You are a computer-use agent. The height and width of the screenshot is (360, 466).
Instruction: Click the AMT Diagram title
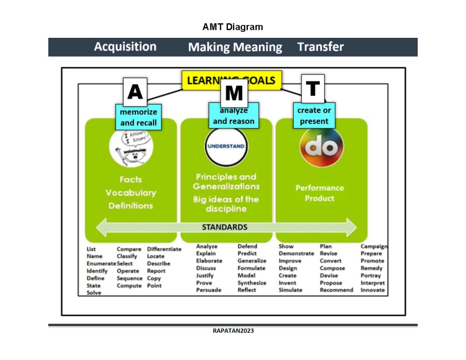(233, 27)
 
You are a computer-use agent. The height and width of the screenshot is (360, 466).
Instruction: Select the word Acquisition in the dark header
(125, 47)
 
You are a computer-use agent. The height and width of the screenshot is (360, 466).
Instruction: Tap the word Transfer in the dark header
(320, 47)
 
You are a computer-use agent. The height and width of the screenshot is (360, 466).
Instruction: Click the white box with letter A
(135, 92)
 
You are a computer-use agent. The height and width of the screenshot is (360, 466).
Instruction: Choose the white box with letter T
(313, 89)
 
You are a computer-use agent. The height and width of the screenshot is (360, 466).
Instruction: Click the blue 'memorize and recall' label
(138, 117)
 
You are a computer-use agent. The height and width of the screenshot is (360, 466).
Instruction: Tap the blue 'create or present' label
(314, 116)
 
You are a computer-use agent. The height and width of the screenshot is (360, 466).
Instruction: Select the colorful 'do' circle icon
(321, 146)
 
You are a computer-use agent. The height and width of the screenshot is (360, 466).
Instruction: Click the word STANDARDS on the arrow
(224, 227)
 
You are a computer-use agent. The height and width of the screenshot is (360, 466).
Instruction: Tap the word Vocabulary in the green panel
(131, 193)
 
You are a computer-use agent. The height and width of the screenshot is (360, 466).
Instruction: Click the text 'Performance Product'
(319, 193)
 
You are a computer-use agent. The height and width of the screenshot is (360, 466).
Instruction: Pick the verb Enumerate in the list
(101, 264)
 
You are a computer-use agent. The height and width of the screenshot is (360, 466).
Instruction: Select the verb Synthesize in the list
(252, 283)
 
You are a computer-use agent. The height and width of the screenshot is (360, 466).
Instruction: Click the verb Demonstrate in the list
(296, 254)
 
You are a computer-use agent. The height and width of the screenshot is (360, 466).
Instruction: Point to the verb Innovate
(372, 290)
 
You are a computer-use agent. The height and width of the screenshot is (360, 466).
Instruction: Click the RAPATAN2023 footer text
(233, 331)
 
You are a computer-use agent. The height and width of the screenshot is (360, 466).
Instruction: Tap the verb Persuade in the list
(209, 290)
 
